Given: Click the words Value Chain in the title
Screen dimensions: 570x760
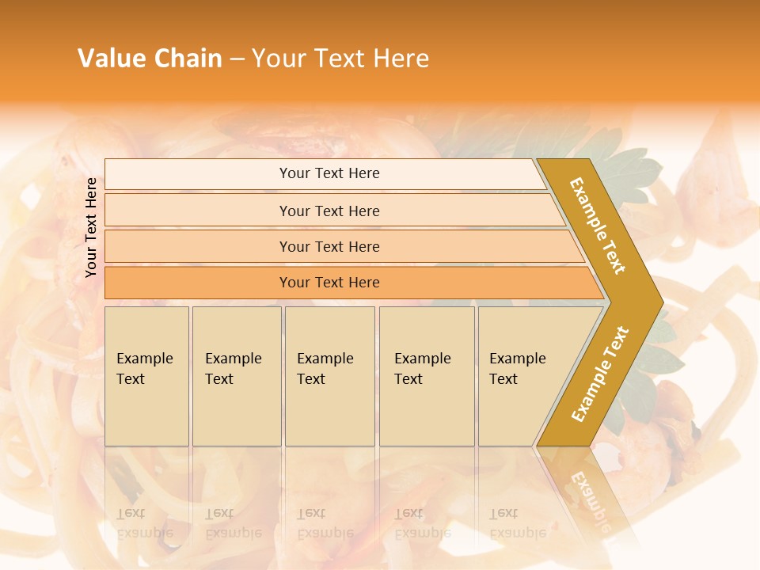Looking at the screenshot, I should pos(150,59).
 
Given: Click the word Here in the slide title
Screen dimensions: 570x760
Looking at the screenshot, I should pos(401,59).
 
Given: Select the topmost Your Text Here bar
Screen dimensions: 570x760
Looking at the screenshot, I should pos(329,173).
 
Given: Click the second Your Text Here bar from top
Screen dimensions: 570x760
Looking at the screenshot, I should pos(329,211).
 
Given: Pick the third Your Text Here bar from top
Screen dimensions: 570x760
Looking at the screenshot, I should pos(329,247).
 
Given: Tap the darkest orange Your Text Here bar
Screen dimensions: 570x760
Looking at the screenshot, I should pos(329,283).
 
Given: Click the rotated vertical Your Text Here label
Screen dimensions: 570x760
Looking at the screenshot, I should pos(91,227).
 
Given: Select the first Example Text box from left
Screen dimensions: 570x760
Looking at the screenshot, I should pos(146,376).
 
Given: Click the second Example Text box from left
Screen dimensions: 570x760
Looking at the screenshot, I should pos(236,376).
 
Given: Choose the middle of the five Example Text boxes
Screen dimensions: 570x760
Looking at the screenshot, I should pos(329,376).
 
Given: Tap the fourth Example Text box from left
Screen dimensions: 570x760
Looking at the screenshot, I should pos(426,376).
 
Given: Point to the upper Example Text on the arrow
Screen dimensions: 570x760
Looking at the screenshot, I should pos(598,226).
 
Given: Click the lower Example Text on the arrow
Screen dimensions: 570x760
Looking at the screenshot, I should pos(600,374).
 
